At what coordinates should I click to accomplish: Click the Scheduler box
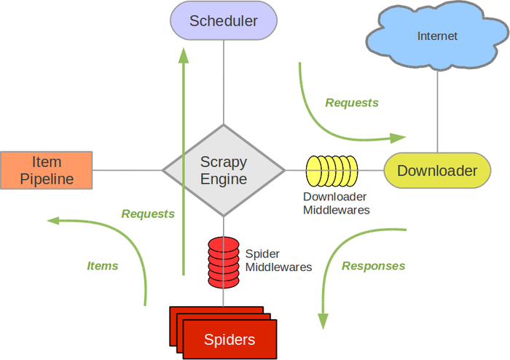[224, 21]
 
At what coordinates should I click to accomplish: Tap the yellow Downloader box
[437, 171]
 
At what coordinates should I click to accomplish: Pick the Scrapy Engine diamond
[224, 171]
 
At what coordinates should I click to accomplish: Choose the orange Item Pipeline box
[47, 171]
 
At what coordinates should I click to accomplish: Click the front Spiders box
[229, 339]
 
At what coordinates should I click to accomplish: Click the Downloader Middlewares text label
[336, 203]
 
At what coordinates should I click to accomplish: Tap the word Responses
[373, 266]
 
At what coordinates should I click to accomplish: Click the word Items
[103, 266]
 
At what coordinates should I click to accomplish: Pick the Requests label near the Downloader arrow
[352, 103]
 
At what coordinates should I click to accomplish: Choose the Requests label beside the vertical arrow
[148, 214]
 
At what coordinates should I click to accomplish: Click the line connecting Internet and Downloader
[437, 109]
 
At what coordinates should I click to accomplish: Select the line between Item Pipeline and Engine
[127, 171]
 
